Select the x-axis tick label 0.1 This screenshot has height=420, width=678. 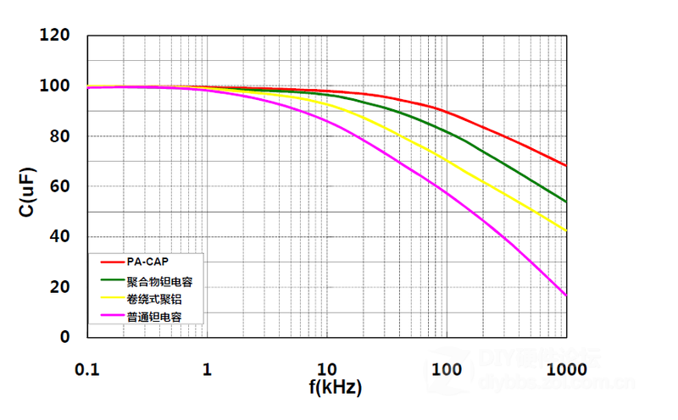[86, 369]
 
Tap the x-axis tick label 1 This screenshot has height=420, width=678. [207, 369]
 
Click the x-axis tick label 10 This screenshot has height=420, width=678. [326, 369]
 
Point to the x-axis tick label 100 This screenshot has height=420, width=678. [446, 369]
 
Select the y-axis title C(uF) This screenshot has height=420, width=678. [27, 186]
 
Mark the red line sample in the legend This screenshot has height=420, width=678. [112, 261]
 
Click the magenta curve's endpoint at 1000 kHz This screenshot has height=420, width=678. [566, 296]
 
